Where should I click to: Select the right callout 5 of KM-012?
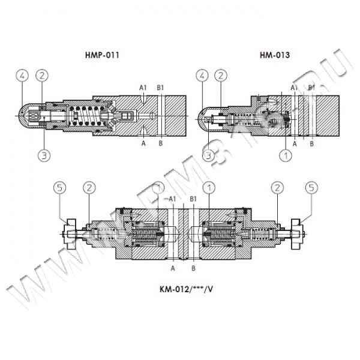(x=311, y=188)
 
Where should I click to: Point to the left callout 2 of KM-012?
(x=88, y=188)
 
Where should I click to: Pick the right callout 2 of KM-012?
(x=277, y=188)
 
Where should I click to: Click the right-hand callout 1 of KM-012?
(x=208, y=188)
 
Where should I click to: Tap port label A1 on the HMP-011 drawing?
(x=143, y=88)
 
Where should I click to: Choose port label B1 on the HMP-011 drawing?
(x=161, y=88)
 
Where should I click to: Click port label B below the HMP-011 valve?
(x=160, y=144)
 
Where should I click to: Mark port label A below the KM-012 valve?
(x=173, y=268)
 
